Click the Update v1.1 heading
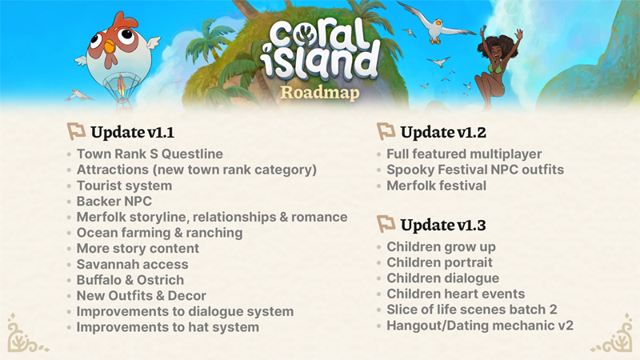133,132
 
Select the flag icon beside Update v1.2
386,131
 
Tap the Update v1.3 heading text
443,225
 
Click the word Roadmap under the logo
320,92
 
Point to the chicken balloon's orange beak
110,47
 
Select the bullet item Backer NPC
114,202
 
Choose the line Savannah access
133,264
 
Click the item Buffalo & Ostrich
130,280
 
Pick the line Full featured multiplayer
464,154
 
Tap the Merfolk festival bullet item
437,186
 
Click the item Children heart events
456,294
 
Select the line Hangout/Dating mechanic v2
480,326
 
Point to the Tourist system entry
125,186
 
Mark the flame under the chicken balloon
122,86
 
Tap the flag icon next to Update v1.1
76,131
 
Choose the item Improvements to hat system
168,327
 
